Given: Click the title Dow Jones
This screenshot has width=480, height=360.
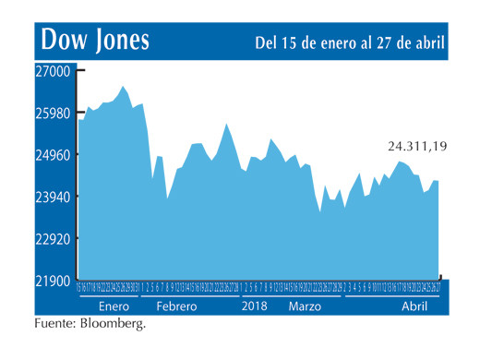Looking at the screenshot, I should (x=95, y=41).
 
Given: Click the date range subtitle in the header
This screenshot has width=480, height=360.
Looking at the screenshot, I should (x=349, y=42).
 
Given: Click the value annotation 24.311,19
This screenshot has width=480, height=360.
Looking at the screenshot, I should (x=416, y=146).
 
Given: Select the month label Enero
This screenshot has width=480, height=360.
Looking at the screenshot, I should (x=114, y=306).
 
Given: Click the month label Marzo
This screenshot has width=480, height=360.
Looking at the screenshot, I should (x=306, y=306).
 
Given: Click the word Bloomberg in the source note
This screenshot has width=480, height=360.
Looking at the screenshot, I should (x=113, y=324).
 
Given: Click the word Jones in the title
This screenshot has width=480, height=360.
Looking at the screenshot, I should (x=122, y=41).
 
